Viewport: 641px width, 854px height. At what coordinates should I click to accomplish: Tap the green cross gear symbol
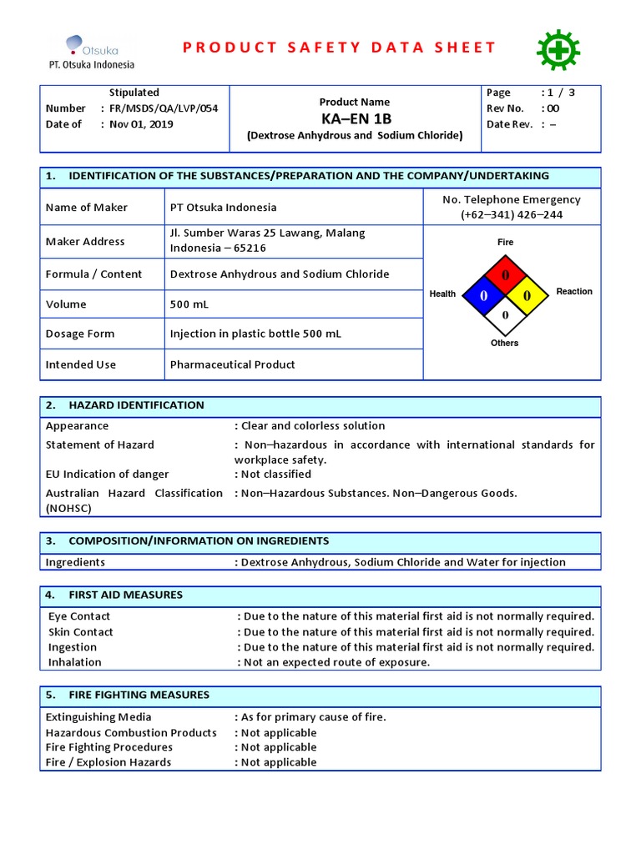click(553, 49)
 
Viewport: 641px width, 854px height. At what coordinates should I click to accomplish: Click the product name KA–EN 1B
click(356, 118)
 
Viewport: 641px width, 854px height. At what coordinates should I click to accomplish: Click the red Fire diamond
click(504, 274)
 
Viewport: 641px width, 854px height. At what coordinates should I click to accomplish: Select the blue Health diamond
click(482, 295)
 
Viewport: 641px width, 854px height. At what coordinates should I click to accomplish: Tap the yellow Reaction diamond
click(526, 295)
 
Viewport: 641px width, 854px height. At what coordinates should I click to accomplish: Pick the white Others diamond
click(504, 316)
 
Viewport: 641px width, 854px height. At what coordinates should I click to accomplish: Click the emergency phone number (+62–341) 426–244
click(511, 214)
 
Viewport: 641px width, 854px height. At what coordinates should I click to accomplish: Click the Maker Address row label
click(85, 241)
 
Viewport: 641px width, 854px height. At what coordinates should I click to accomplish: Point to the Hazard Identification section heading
click(136, 405)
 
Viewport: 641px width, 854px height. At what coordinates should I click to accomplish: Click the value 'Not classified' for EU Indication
click(276, 475)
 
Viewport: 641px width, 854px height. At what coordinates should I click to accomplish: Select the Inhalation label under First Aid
click(75, 662)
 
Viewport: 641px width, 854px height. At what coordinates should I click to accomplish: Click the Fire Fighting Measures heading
click(139, 695)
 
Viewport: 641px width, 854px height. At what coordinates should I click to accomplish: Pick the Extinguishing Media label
click(98, 717)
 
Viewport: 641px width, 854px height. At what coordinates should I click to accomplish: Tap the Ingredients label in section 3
click(75, 562)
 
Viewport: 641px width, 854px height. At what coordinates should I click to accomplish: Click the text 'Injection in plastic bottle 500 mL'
click(255, 334)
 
